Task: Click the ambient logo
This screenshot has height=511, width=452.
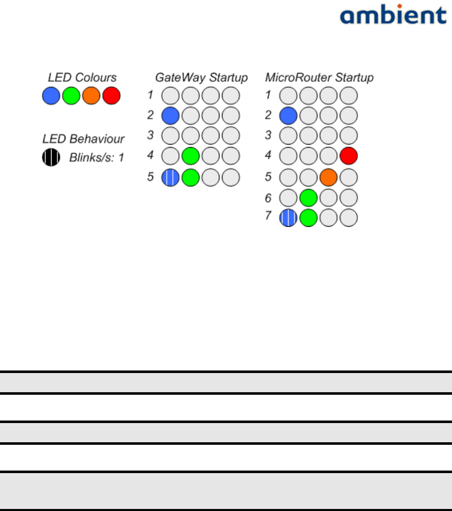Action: (393, 16)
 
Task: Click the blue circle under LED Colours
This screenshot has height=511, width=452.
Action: (51, 96)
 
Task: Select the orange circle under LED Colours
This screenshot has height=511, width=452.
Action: (91, 96)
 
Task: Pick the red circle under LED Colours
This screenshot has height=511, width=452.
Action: (111, 96)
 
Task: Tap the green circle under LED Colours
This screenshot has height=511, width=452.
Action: (71, 96)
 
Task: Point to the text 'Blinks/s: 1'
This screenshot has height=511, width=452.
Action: (97, 158)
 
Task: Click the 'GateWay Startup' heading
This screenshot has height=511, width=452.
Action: (201, 77)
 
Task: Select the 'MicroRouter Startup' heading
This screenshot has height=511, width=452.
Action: (320, 77)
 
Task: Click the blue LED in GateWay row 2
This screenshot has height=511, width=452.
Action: (170, 115)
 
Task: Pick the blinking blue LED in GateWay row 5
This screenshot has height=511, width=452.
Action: (170, 177)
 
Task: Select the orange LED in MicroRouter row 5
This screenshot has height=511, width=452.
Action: (329, 177)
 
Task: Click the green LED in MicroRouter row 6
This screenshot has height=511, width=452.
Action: (308, 198)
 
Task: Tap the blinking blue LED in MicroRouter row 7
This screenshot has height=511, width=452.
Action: (288, 218)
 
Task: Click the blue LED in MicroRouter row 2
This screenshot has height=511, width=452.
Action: (288, 115)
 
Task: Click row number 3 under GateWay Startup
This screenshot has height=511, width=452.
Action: (150, 135)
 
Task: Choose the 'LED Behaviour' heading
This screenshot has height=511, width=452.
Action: (83, 138)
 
